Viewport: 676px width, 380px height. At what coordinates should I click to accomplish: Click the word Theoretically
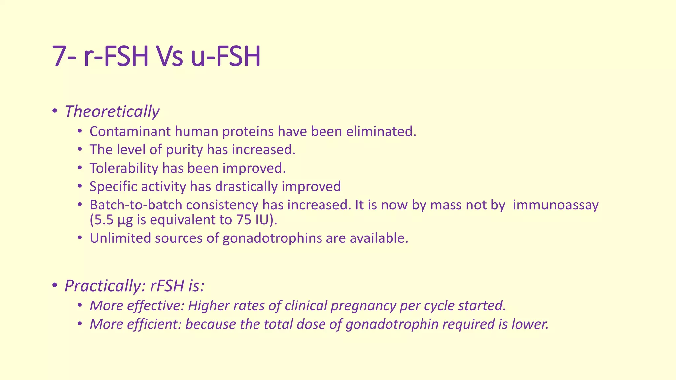(112, 111)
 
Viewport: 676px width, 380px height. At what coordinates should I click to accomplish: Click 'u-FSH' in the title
(226, 56)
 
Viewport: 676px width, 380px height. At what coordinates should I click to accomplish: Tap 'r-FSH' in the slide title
(116, 56)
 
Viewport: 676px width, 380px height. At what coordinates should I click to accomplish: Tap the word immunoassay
(556, 205)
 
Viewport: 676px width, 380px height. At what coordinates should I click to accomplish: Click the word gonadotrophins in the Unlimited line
(272, 238)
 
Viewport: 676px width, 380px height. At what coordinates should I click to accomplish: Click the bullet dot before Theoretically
(55, 111)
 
